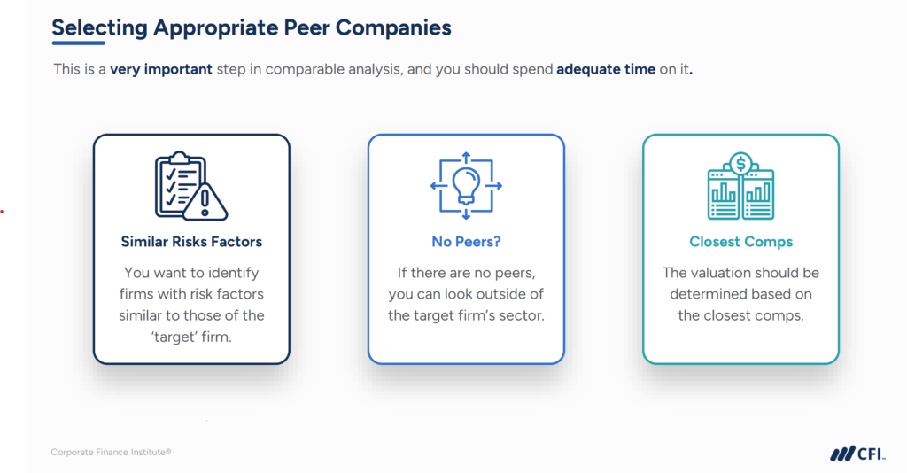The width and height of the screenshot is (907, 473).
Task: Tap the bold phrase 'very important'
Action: pyautogui.click(x=161, y=69)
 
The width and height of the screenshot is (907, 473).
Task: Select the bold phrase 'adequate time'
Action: pyautogui.click(x=606, y=69)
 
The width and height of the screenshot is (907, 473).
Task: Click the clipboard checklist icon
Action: pyautogui.click(x=179, y=182)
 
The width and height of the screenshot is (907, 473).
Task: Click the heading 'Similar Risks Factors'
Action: pyautogui.click(x=191, y=241)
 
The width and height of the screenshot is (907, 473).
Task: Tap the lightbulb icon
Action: pyautogui.click(x=466, y=183)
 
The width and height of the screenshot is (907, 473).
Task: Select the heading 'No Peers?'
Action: pyautogui.click(x=466, y=241)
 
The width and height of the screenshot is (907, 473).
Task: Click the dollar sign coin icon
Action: pyautogui.click(x=740, y=163)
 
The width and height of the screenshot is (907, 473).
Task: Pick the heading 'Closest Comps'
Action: pyautogui.click(x=740, y=241)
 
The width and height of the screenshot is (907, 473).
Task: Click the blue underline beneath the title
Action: pyautogui.click(x=78, y=43)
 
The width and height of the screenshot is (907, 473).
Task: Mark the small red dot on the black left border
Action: pyautogui.click(x=3, y=212)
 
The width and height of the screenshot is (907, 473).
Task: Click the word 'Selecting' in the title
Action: pyautogui.click(x=99, y=27)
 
